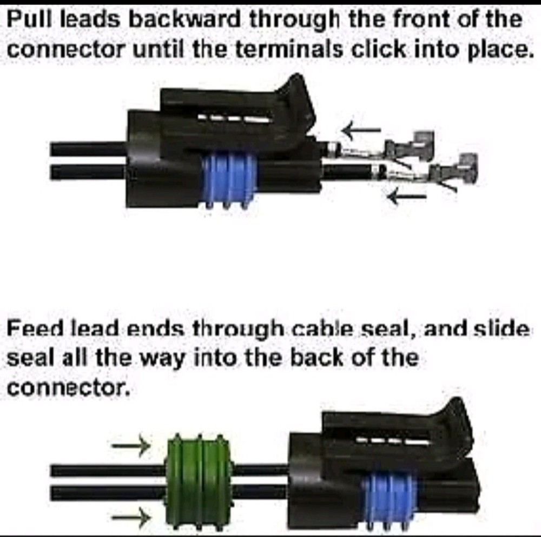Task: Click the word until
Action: coord(154,50)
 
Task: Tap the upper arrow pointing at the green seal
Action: coord(131,446)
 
